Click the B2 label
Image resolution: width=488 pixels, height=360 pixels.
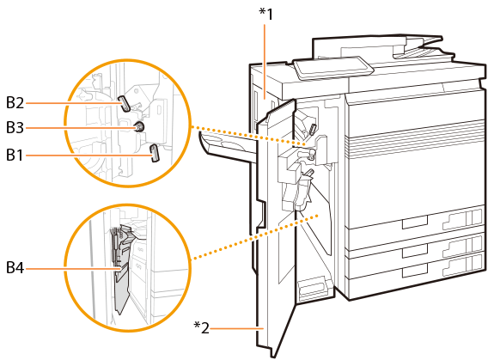click(x=15, y=102)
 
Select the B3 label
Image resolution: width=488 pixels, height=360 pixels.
click(x=15, y=127)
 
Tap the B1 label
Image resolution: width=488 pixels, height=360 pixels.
click(x=15, y=155)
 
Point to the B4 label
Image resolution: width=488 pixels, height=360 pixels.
click(x=15, y=267)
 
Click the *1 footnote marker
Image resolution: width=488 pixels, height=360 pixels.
click(x=266, y=15)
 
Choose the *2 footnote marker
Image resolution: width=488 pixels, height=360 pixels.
click(x=201, y=327)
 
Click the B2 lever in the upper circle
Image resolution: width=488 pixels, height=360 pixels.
click(x=124, y=103)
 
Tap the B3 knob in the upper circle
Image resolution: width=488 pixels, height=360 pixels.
click(x=139, y=126)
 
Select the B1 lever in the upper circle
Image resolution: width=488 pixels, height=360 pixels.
click(x=155, y=153)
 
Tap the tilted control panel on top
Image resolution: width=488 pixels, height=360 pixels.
click(x=333, y=68)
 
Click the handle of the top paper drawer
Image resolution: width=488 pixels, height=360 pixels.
click(x=415, y=223)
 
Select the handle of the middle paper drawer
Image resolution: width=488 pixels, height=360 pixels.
click(x=415, y=251)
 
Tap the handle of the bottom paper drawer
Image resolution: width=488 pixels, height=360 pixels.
click(x=415, y=271)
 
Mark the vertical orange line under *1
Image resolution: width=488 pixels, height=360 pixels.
click(x=265, y=61)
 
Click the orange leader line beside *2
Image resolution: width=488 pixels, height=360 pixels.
click(x=237, y=328)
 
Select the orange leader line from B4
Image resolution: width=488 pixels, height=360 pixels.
click(x=73, y=268)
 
